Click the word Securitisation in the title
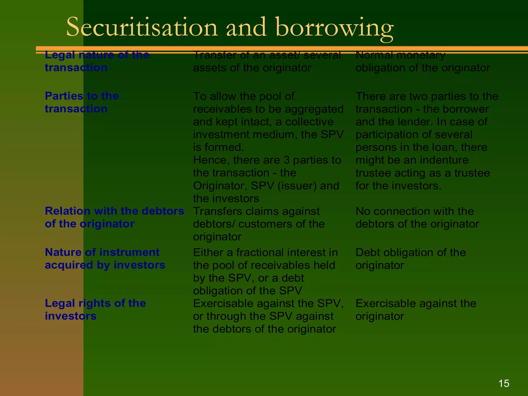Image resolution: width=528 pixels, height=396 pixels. click(142, 27)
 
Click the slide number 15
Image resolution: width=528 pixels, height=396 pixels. click(504, 383)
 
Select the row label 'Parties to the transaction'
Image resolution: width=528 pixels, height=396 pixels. click(82, 102)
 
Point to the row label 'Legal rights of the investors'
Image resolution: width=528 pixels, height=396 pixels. click(95, 310)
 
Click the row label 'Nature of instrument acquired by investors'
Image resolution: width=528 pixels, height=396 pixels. click(105, 259)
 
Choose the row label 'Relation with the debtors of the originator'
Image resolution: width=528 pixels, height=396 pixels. click(114, 217)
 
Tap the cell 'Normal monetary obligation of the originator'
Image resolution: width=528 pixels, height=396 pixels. click(423, 61)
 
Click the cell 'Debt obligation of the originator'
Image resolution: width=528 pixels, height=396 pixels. click(411, 259)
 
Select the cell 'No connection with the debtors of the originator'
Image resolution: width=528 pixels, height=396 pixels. click(417, 218)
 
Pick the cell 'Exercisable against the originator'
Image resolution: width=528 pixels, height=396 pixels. click(416, 310)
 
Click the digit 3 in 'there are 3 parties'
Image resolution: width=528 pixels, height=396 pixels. click(286, 160)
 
